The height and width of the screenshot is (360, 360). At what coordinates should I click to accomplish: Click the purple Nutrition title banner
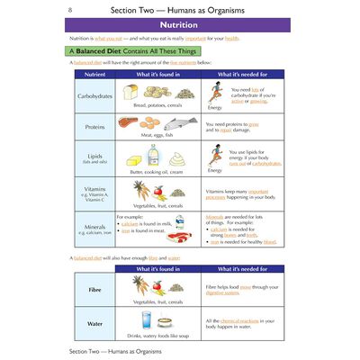180,26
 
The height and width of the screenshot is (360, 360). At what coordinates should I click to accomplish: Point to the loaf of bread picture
130,91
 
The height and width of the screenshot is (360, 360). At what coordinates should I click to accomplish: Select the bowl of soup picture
165,321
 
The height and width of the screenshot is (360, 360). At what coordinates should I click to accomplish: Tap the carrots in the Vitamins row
139,189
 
